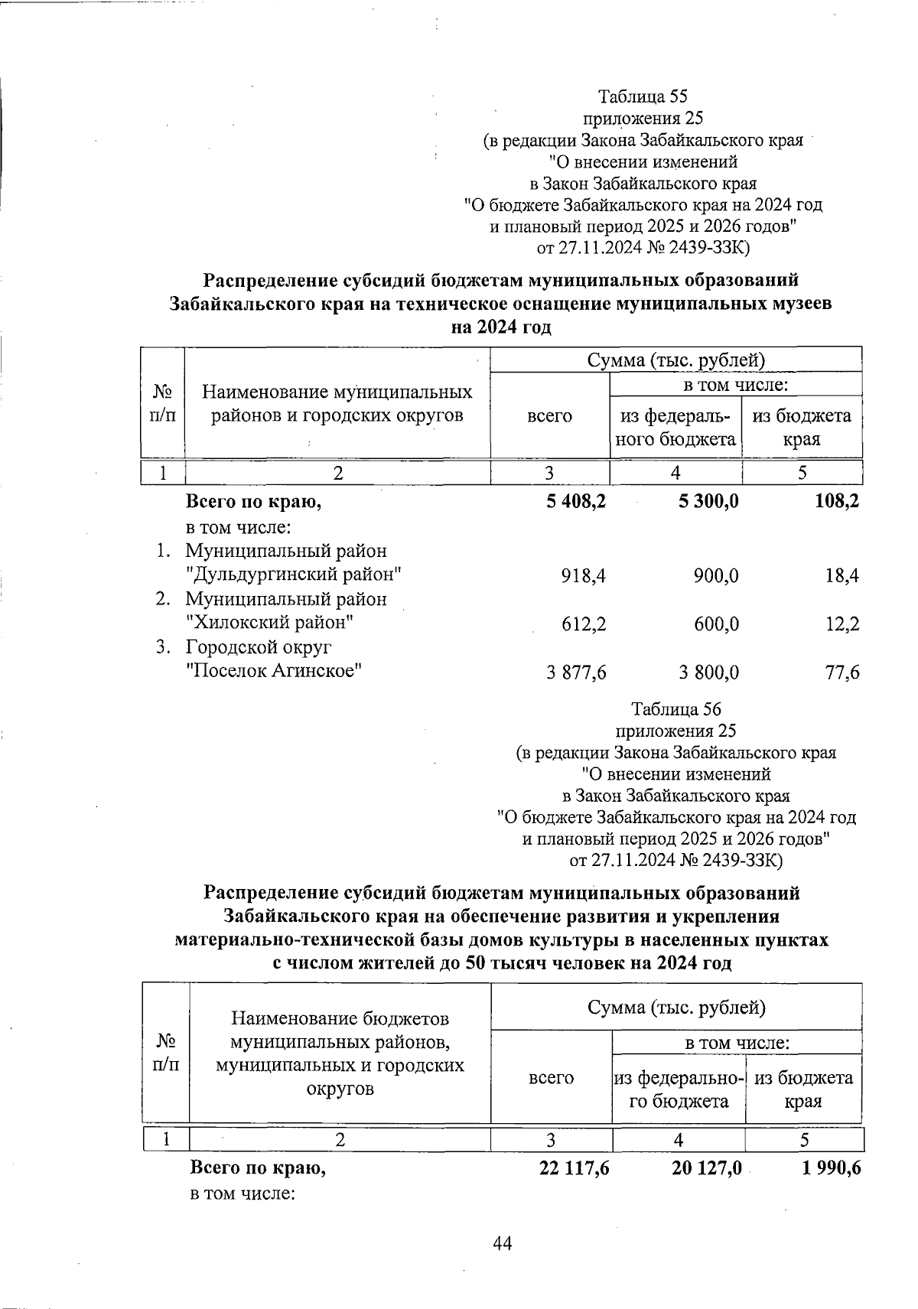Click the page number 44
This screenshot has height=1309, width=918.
pyautogui.click(x=502, y=1244)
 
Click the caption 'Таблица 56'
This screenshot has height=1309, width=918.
pyautogui.click(x=676, y=709)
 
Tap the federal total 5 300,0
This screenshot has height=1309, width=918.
pyautogui.click(x=708, y=502)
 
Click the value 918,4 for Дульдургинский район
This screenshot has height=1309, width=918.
pyautogui.click(x=583, y=575)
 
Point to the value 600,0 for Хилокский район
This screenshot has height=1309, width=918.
pyautogui.click(x=717, y=624)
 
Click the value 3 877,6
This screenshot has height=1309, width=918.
pyautogui.click(x=576, y=672)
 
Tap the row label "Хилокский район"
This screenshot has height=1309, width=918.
pyautogui.click(x=270, y=623)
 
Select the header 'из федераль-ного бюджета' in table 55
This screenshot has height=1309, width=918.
pyautogui.click(x=676, y=428)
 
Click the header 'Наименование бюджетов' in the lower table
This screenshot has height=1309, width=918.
pyautogui.click(x=340, y=1019)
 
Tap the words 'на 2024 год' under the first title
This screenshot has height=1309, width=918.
pyautogui.click(x=500, y=327)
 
